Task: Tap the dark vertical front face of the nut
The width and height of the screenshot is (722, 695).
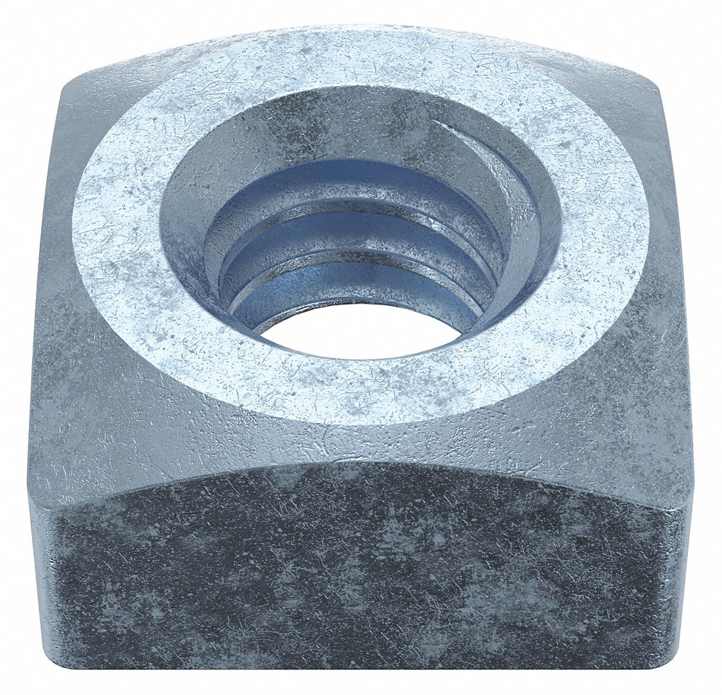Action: [359, 578]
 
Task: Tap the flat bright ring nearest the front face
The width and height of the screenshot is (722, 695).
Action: [359, 391]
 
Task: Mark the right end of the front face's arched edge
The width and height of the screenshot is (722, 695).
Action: [687, 507]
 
